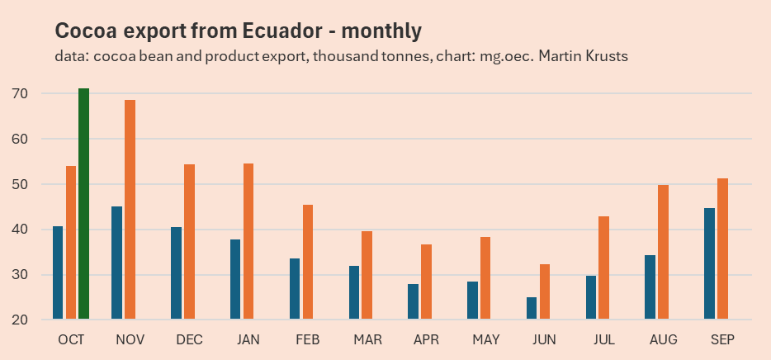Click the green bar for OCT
pos(83,204)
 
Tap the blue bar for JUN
pos(531,308)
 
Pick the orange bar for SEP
pos(722,249)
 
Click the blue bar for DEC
pos(176,273)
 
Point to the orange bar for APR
pos(426,282)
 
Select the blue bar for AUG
pos(650,287)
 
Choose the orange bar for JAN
pos(248,241)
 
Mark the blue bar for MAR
pos(353,292)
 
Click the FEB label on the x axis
pos(307,340)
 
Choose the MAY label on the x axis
pos(485,340)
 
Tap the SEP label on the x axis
pos(722,340)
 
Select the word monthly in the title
pos(381,31)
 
